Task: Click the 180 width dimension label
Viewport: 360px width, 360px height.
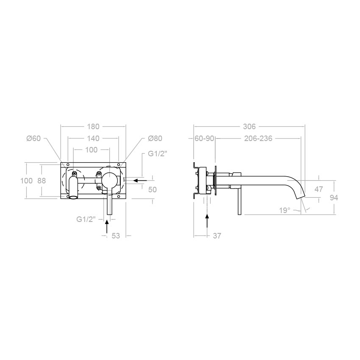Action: pos(93,127)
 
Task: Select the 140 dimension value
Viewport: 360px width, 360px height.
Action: pos(93,138)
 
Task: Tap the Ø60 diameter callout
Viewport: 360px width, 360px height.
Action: pos(33,138)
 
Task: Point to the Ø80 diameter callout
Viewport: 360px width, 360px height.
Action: pos(155,138)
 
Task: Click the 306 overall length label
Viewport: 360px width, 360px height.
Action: pos(249,127)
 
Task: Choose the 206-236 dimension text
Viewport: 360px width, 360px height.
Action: pos(258,138)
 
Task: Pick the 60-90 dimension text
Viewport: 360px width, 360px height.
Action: pos(204,138)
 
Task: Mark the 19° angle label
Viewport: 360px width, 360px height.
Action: pos(285,210)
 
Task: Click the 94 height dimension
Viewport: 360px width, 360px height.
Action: pos(334,197)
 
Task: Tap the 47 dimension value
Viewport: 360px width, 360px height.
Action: pos(318,189)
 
